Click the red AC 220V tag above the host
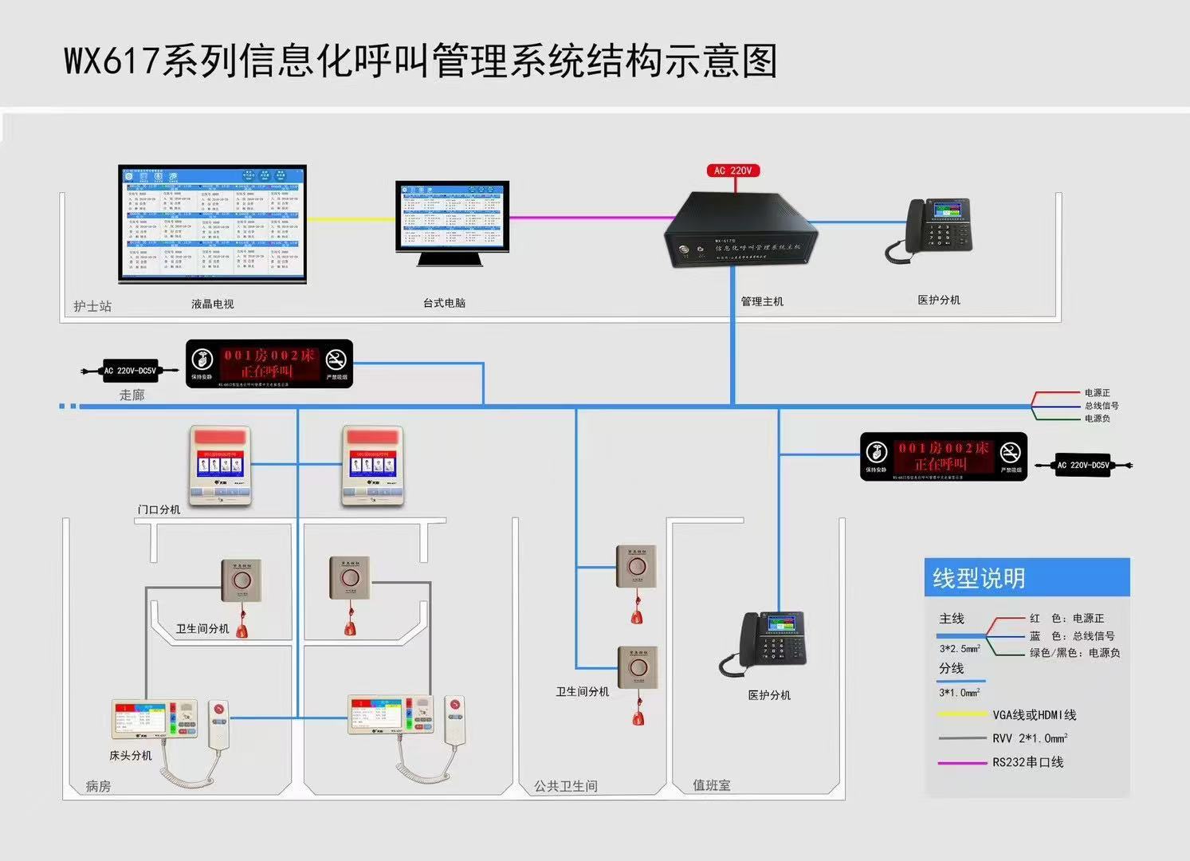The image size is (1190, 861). tap(733, 171)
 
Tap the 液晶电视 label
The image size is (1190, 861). tap(213, 304)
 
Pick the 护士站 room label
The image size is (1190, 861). tap(92, 306)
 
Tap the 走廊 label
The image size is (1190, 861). tap(132, 395)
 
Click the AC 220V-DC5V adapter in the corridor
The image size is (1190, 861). tap(130, 371)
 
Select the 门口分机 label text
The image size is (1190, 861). tap(159, 509)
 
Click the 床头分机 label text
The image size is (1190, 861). tap(131, 755)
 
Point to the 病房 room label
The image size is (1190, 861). tap(98, 786)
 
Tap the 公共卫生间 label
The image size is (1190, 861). tap(566, 786)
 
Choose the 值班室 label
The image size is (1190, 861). tap(711, 785)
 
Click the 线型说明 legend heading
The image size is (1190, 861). tap(979, 578)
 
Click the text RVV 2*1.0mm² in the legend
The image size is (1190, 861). tap(1029, 738)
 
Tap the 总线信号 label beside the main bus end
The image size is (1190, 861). tap(1101, 406)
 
